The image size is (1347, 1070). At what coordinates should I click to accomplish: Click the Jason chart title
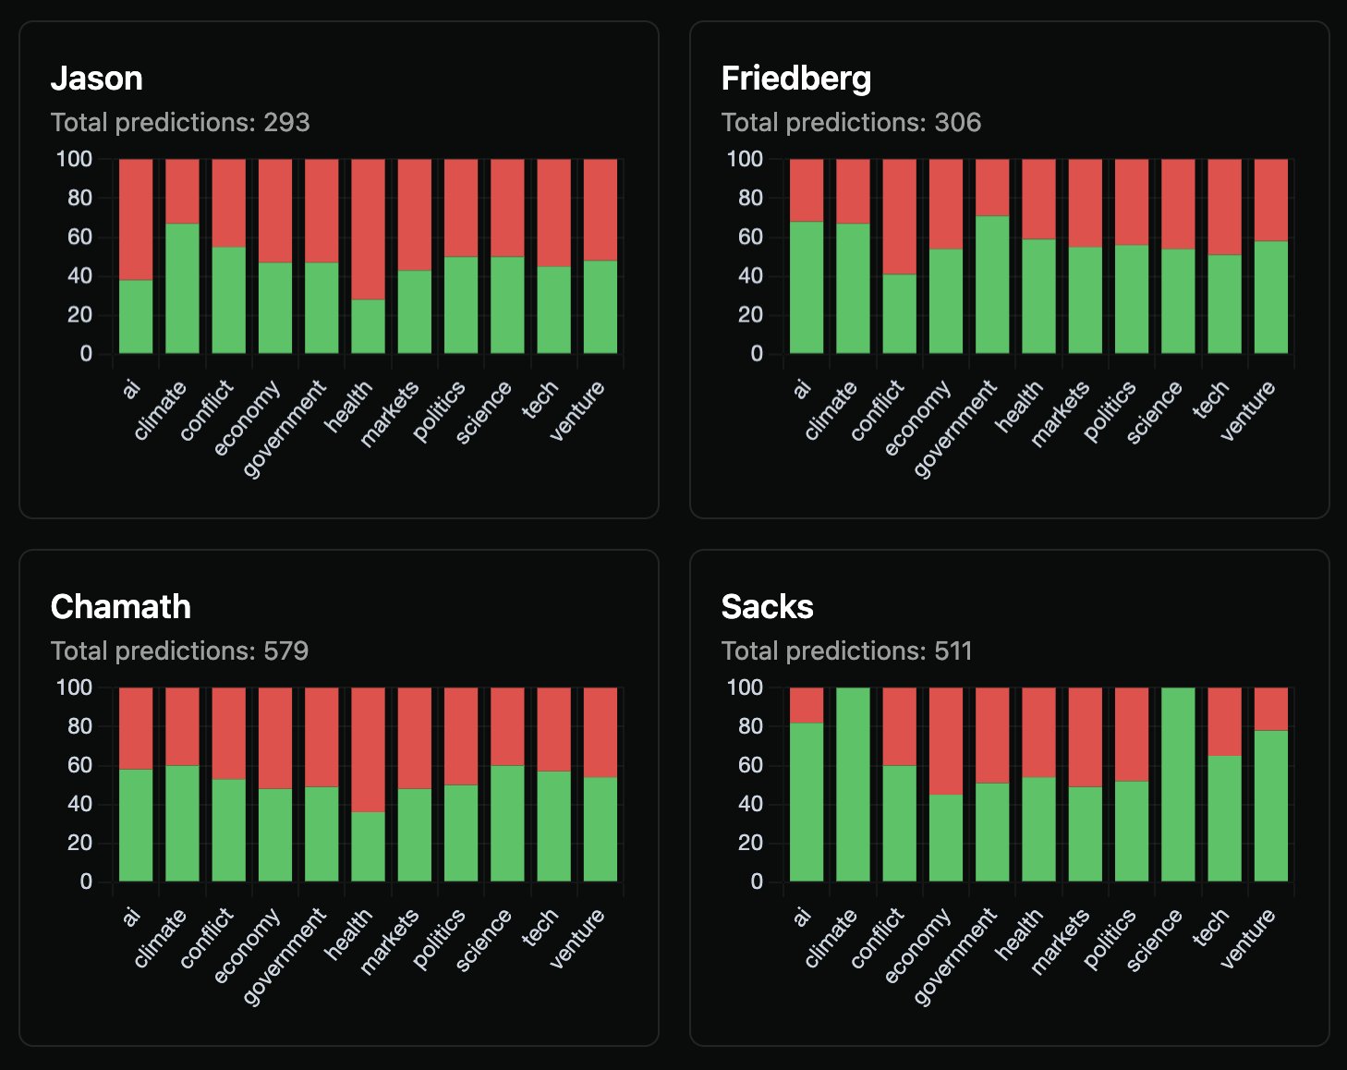point(96,79)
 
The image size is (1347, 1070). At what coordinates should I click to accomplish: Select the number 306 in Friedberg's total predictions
point(957,122)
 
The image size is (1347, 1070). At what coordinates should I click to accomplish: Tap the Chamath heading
point(120,607)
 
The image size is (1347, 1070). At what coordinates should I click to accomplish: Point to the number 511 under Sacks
point(953,651)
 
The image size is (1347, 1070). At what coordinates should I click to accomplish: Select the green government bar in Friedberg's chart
point(992,285)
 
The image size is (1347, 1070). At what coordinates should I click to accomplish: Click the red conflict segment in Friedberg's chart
point(900,216)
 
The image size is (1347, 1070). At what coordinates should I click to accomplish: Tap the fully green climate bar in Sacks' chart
point(853,784)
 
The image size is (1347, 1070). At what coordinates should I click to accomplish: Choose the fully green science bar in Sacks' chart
point(1178,784)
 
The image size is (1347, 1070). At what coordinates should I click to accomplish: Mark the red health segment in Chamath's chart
point(368,749)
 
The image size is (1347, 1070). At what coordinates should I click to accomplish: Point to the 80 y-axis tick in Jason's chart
point(79,198)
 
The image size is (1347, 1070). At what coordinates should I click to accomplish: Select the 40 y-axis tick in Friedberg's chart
point(750,275)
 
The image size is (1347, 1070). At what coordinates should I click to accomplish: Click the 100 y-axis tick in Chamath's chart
point(74,687)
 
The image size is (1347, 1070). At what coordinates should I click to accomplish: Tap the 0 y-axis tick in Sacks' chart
point(757,882)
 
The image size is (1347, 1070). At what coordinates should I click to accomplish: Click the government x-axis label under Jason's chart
point(284,429)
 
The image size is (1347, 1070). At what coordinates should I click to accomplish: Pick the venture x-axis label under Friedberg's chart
point(1247,410)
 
